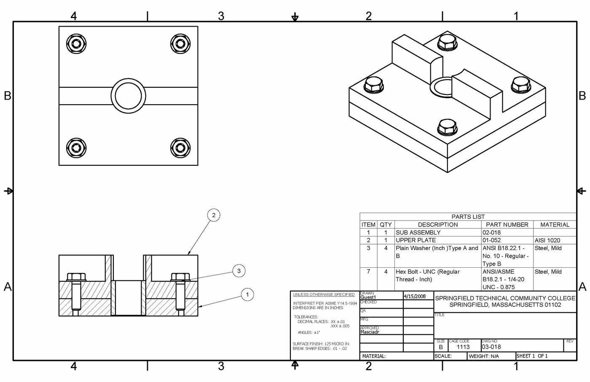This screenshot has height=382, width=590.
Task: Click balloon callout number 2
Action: [214, 215]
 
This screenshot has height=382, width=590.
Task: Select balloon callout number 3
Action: [239, 271]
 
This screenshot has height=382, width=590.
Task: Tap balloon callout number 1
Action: [247, 294]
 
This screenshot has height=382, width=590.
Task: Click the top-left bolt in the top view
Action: [76, 44]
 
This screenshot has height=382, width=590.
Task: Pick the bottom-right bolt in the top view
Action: [180, 148]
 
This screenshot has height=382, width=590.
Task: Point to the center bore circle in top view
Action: [129, 96]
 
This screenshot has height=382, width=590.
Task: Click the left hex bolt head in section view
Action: [76, 277]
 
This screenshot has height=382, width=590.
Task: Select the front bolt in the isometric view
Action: [447, 127]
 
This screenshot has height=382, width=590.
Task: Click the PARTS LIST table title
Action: [468, 217]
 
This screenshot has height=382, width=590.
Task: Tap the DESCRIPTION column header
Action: [437, 225]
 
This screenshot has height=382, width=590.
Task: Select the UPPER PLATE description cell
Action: [416, 240]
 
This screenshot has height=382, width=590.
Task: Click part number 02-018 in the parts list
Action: [491, 232]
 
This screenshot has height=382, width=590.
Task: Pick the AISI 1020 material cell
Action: [547, 240]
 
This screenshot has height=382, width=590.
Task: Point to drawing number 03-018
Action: [491, 347]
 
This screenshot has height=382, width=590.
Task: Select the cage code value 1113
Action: [463, 347]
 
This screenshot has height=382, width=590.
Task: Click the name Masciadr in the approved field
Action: [370, 332]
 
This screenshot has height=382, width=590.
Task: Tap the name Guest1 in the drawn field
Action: [368, 297]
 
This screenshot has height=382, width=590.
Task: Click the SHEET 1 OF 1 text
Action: [532, 356]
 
